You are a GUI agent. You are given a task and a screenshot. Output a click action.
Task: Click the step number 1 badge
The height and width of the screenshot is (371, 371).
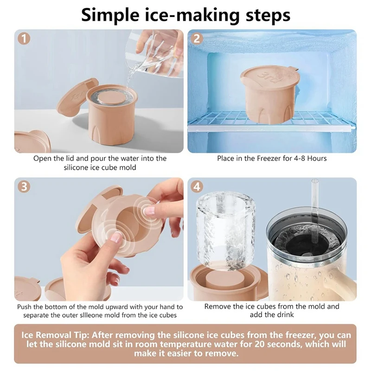[24, 38]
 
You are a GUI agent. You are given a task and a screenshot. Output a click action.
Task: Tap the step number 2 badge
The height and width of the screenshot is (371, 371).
[197, 38]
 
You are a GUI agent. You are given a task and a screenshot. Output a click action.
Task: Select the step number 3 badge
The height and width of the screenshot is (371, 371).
[24, 187]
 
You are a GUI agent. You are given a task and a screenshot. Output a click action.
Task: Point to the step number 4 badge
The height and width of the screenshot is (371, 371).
[197, 187]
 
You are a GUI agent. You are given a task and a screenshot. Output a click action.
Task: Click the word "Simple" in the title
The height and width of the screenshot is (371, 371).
[110, 16]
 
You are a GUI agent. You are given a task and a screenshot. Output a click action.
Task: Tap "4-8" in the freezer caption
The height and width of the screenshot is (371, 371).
[300, 158]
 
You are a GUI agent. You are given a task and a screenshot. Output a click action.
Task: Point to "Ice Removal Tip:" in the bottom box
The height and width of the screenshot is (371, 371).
[55, 335]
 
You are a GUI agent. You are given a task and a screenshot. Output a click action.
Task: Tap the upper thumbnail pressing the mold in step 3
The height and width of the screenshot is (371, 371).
[149, 210]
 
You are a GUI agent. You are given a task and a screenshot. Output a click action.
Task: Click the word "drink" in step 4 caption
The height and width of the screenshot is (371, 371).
[284, 315]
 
